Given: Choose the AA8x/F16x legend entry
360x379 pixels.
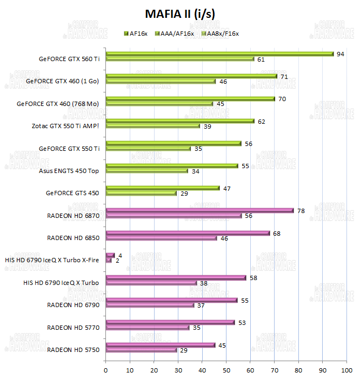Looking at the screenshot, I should click(219, 34).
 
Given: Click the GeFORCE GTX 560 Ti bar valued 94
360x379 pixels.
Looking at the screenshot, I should click(219, 54).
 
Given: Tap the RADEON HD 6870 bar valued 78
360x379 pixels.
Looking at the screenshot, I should click(199, 210).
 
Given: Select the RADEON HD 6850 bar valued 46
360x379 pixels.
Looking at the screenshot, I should click(161, 238).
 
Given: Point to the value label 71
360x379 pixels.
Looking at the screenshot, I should click(283, 76).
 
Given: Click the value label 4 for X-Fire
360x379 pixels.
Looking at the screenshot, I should click(119, 255).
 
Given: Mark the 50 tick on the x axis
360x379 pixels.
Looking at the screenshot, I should click(226, 370).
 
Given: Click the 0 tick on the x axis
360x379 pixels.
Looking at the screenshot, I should click(106, 370).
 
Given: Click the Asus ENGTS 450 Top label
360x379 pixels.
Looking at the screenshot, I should click(69, 170).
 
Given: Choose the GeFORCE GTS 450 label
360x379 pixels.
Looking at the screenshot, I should click(72, 192).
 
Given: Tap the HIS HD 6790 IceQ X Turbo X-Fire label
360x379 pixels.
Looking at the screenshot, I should click(51, 260).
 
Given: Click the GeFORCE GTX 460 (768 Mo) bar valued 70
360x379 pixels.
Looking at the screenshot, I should click(190, 98).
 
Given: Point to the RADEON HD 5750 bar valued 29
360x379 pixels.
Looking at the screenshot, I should click(142, 350).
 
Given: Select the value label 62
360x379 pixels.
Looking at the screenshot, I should click(262, 121).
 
